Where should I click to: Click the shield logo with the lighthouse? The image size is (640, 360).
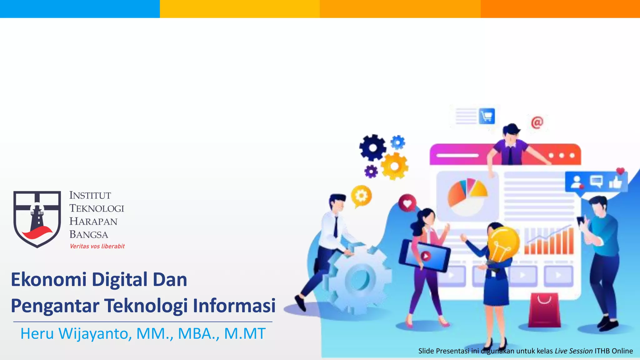tap(37, 219)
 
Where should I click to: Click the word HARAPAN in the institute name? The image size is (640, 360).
tap(93, 221)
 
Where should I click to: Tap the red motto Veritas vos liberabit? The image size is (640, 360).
tap(97, 246)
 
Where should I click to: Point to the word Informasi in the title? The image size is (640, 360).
tap(234, 306)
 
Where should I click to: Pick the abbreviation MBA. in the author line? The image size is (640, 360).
tap(198, 334)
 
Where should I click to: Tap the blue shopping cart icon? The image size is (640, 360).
tap(487, 116)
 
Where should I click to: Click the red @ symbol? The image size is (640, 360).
tap(537, 122)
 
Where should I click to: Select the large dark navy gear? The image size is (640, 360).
tap(372, 147)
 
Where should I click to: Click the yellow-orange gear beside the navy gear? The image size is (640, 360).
tap(394, 166)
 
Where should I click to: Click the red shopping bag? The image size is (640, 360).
tap(544, 310)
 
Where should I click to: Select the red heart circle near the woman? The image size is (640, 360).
tap(407, 203)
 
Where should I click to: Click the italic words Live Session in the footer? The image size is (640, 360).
tap(573, 351)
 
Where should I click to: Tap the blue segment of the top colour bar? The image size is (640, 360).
tap(80, 9)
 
